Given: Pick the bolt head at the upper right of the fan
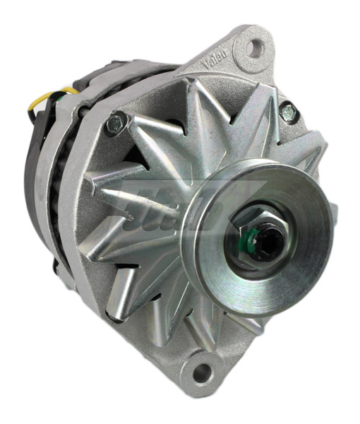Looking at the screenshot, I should [289, 112].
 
